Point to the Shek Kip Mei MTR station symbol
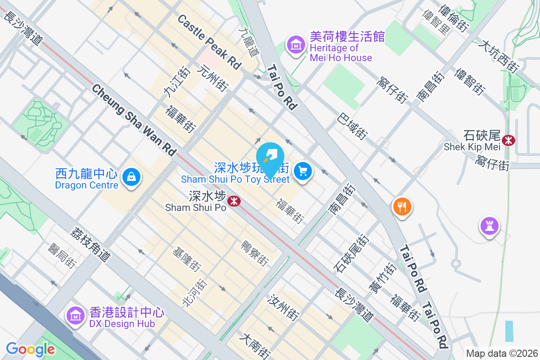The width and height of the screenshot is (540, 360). point(509,140)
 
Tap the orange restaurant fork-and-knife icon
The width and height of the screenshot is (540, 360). point(402,207)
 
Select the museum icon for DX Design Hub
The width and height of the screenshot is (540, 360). point(75,315)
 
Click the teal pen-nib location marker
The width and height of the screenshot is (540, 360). point(270,157)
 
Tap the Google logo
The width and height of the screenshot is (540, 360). point(31,349)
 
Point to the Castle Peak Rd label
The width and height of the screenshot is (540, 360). point(209,41)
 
